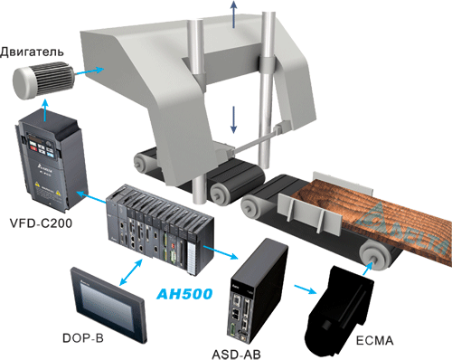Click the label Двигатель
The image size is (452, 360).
pyautogui.click(x=32, y=52)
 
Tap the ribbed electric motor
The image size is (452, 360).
pyautogui.click(x=42, y=80)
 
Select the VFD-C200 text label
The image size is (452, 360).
pyautogui.click(x=41, y=223)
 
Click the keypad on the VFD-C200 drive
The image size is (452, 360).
pyautogui.click(x=41, y=145)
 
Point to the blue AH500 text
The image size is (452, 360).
pyautogui.click(x=184, y=294)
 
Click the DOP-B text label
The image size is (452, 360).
pyautogui.click(x=83, y=338)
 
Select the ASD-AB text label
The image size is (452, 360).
pyautogui.click(x=236, y=354)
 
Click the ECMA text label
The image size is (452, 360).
pyautogui.click(x=374, y=340)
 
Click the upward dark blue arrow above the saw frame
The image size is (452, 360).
pyautogui.click(x=233, y=14)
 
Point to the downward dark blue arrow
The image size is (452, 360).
pyautogui.click(x=233, y=119)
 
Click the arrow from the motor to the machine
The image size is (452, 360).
pyautogui.click(x=89, y=71)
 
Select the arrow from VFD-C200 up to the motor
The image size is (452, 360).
pyautogui.click(x=45, y=111)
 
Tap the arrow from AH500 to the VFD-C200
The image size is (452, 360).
pyautogui.click(x=91, y=196)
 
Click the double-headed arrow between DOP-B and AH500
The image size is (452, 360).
pyautogui.click(x=131, y=272)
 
